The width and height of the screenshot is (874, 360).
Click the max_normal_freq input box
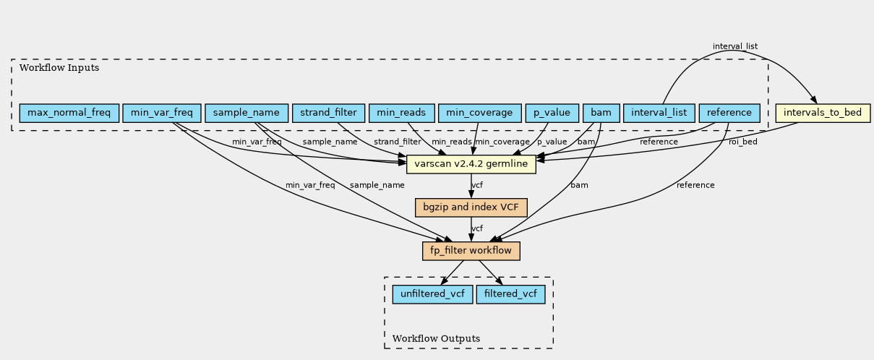[69, 113]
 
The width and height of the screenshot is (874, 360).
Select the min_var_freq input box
[162, 113]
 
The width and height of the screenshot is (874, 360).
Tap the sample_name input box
[247, 113]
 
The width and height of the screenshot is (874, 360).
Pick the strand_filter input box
[328, 113]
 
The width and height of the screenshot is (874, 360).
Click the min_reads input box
[401, 113]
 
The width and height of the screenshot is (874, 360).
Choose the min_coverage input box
[480, 113]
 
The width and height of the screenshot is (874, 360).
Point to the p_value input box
[552, 113]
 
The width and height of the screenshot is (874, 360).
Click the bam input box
[601, 113]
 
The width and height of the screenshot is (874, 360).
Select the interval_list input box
[659, 113]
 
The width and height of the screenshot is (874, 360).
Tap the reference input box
[729, 113]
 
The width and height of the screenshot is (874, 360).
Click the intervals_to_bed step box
[823, 113]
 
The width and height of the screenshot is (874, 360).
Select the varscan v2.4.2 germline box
[471, 164]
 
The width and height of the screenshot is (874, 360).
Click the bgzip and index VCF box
[471, 207]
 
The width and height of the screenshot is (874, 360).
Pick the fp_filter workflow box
[471, 251]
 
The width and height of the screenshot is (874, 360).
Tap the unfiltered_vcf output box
[433, 294]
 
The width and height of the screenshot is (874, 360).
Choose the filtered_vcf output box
[511, 294]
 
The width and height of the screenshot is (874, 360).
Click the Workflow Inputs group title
[59, 68]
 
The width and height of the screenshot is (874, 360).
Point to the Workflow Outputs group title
[436, 338]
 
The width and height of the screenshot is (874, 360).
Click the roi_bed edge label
[743, 142]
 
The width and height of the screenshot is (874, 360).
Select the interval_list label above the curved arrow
[735, 46]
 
